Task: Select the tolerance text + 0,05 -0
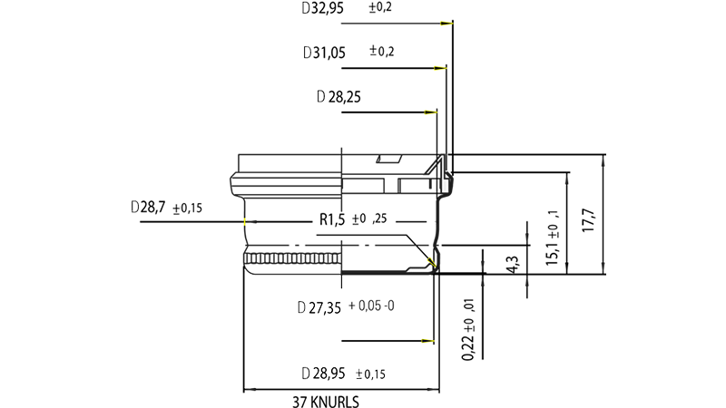tap(370, 306)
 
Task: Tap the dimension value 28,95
tap(329, 374)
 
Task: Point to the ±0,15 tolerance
tap(377, 374)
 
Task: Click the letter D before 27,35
tap(301, 308)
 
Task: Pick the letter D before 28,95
tap(305, 374)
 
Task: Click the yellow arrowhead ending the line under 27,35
tap(427, 341)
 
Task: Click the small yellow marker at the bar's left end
tap(245, 221)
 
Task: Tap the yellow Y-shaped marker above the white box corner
tap(430, 261)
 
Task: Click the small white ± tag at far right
tap(551, 236)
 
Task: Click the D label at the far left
tap(136, 208)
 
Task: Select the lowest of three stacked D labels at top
tap(320, 96)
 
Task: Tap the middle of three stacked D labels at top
tap(308, 53)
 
